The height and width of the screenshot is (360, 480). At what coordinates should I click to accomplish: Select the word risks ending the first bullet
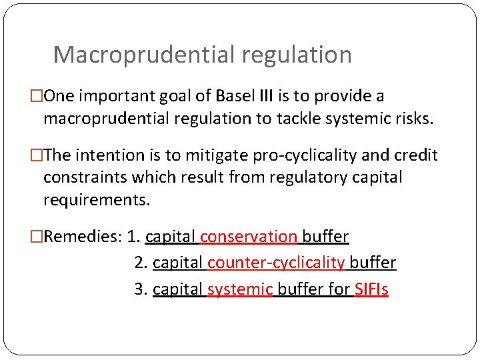pos(413,119)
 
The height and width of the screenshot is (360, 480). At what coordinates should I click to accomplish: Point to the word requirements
pos(97,200)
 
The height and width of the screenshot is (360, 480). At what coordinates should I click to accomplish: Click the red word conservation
pos(248,237)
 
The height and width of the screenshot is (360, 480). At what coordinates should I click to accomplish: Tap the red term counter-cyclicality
pos(275,263)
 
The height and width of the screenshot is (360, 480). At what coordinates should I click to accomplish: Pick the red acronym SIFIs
pos(371,290)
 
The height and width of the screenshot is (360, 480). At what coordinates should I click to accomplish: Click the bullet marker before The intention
pos(37,156)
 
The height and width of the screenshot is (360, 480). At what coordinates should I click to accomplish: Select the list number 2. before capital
pos(141,263)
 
